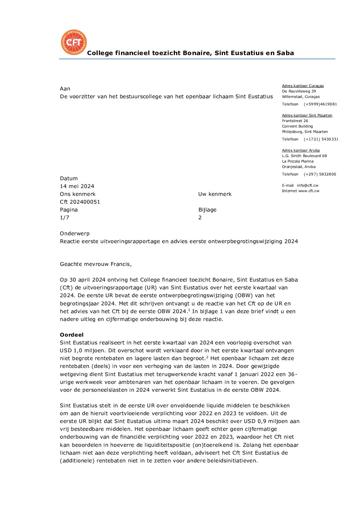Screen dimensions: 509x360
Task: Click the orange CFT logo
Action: (x=73, y=42)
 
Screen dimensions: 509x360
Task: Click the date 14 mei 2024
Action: (x=77, y=186)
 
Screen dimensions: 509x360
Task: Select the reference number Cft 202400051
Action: (x=80, y=202)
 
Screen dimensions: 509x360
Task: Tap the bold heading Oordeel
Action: (x=71, y=335)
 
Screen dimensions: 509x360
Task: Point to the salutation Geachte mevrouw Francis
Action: (x=96, y=264)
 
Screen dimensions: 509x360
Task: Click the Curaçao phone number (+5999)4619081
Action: (x=320, y=104)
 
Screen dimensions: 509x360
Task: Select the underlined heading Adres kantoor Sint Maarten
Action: (x=307, y=116)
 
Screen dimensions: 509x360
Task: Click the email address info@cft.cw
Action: (x=308, y=186)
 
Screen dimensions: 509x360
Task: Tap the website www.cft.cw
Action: (x=309, y=191)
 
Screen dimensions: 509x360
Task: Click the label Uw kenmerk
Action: (x=215, y=194)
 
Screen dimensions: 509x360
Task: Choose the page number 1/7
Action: (x=65, y=218)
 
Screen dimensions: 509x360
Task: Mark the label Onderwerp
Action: (x=75, y=234)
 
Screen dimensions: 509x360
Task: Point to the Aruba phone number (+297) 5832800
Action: (x=320, y=174)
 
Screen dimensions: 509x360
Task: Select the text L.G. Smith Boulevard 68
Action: (x=304, y=156)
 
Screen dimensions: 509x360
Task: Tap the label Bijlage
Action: (x=207, y=210)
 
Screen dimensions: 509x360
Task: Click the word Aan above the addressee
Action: (x=65, y=89)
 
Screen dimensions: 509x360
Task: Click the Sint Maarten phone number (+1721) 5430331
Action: (x=321, y=139)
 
